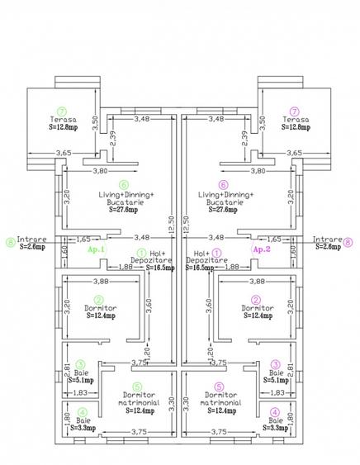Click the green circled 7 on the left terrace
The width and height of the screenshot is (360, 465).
pyautogui.click(x=60, y=110)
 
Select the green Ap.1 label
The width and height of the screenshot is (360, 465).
pyautogui.click(x=97, y=249)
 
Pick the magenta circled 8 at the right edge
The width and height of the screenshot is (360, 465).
pyautogui.click(x=348, y=242)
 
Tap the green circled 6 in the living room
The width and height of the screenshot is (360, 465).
pyautogui.click(x=124, y=185)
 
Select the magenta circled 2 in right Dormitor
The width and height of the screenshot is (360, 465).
pyautogui.click(x=256, y=299)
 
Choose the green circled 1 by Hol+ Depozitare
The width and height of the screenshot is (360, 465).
pyautogui.click(x=141, y=253)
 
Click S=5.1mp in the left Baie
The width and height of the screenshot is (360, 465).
pyautogui.click(x=79, y=381)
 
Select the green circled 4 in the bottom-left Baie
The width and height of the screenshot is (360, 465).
pyautogui.click(x=80, y=412)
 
